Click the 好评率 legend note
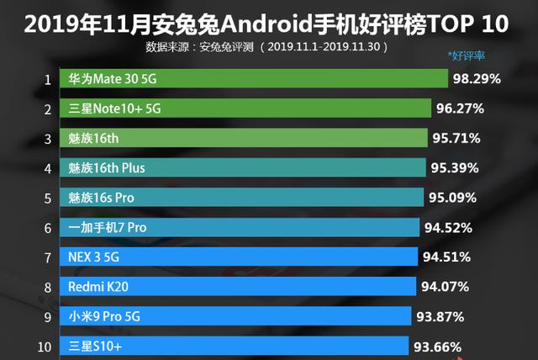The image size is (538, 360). pos(468,56)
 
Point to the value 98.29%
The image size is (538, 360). pos(477,80)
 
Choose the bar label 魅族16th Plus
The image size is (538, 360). pos(107,167)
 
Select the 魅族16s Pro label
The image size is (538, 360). pos(102,198)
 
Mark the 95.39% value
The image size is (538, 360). pos(454,167)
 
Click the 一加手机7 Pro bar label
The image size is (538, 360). pos(108,227)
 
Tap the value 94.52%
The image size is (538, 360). pos(448,227)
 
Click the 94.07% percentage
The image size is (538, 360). pos(444,287)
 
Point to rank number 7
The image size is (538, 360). pos(48,257)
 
